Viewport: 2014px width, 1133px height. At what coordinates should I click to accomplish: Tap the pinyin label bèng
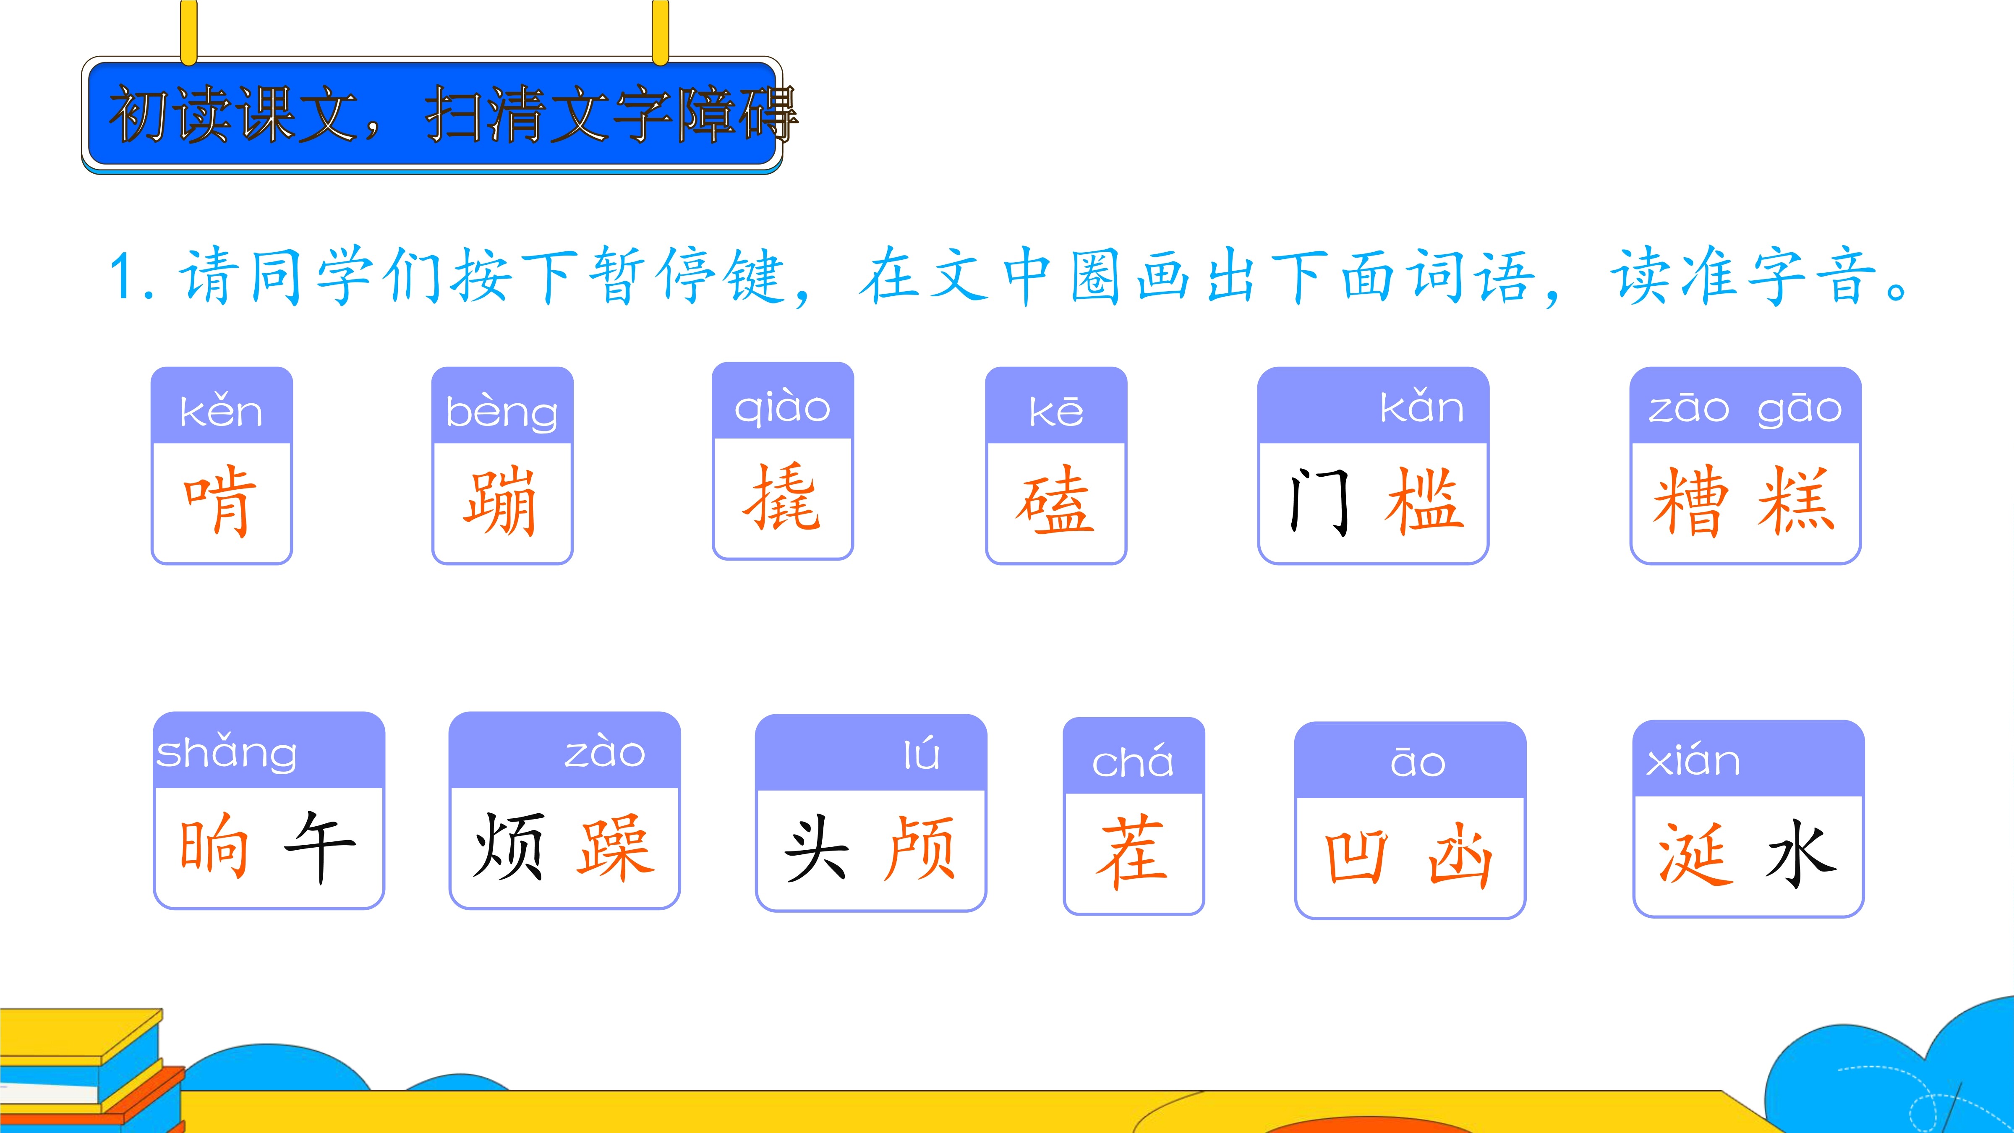click(x=502, y=412)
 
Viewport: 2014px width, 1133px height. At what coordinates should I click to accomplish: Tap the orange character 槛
click(x=1424, y=501)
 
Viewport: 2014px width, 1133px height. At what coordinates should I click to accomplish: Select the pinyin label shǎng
click(x=227, y=752)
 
